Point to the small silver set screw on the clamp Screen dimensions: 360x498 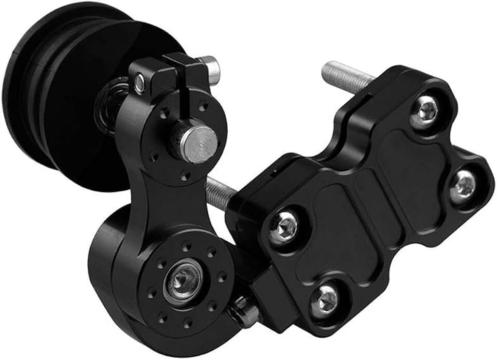click(140, 81)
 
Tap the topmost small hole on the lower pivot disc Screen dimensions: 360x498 click(185, 243)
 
